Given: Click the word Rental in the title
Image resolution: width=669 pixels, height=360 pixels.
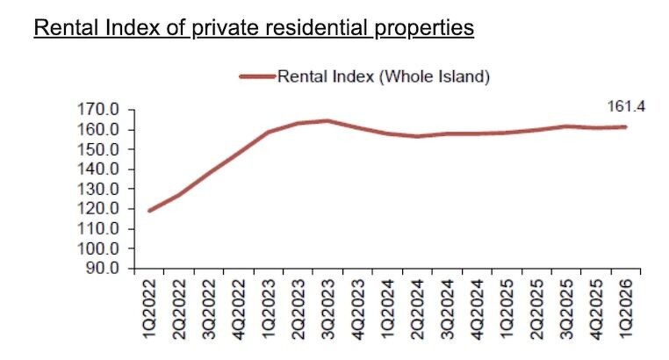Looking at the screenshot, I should [62, 28].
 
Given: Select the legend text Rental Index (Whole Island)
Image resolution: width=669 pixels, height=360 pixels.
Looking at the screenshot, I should [384, 76].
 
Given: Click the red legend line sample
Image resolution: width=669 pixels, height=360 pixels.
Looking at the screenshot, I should [258, 76].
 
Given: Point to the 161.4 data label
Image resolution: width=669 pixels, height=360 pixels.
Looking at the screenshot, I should [626, 106].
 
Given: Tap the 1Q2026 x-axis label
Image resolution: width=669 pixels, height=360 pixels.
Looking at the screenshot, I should [626, 306].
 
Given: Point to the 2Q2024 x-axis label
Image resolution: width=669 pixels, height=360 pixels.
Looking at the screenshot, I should [410, 306].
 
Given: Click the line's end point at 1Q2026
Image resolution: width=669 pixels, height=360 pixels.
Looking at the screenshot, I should [625, 126].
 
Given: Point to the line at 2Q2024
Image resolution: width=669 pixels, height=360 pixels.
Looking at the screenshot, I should [410, 136].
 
